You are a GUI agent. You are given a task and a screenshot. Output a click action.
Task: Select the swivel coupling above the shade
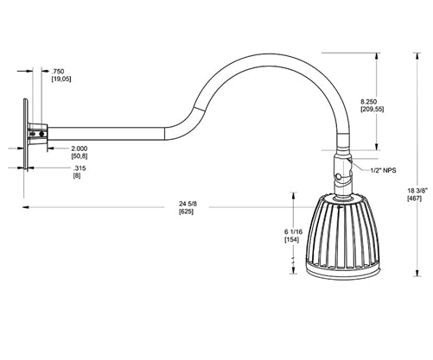(341, 170)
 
